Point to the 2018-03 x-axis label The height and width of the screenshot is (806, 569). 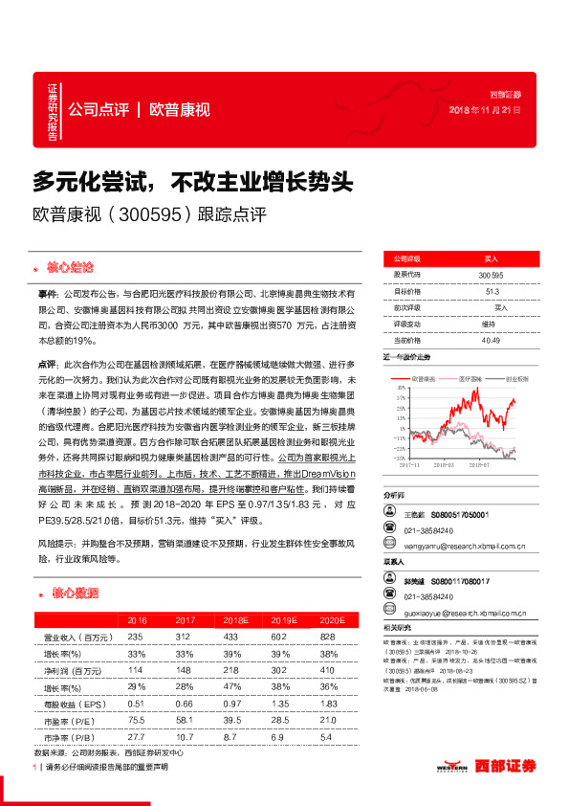click(x=441, y=465)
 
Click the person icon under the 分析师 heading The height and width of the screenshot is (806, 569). click(x=389, y=514)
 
